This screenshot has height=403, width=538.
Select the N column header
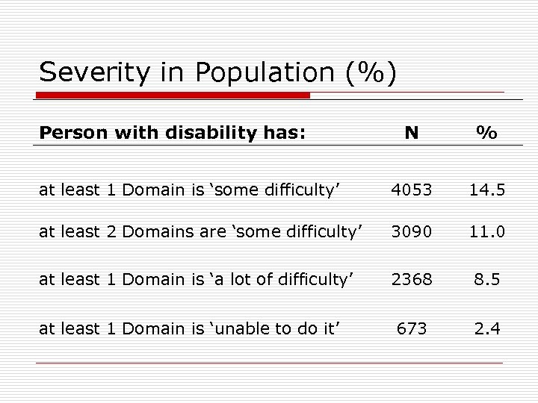[411, 133]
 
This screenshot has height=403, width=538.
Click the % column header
[487, 133]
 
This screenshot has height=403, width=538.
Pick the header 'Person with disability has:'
[173, 133]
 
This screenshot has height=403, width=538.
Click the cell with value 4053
[411, 190]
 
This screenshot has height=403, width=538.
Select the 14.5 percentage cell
[487, 190]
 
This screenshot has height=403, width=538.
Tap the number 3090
[411, 232]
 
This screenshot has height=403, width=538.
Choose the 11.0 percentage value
[487, 232]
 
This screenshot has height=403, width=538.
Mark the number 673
[411, 328]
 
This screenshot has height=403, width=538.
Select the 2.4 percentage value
[487, 328]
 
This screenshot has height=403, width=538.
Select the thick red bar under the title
[173, 96]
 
